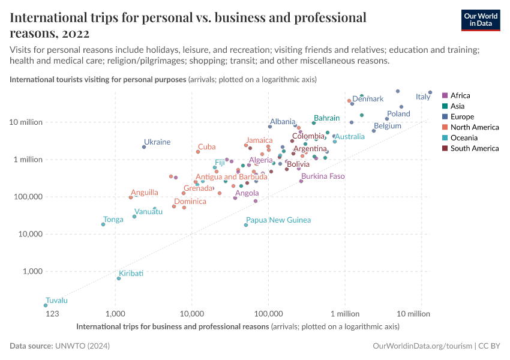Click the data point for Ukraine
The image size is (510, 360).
coord(144,147)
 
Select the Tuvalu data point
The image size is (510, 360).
coord(46,305)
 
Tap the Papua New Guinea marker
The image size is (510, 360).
coord(246,225)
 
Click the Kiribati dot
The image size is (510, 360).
coord(119,278)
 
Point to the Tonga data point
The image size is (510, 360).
coord(103,224)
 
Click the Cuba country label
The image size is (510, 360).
coord(207,146)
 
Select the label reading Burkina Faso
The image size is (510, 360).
coord(323,176)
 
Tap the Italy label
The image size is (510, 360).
coord(423,97)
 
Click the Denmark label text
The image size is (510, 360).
coord(368,99)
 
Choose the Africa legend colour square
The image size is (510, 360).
coord(445,95)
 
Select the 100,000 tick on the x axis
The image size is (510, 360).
coord(268,314)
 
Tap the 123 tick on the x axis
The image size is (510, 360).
coord(52,314)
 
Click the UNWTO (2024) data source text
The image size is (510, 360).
coord(82,346)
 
